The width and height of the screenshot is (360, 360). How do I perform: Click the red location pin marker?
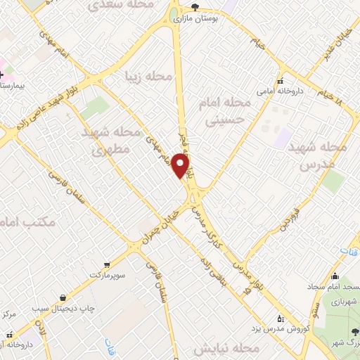point(181,167)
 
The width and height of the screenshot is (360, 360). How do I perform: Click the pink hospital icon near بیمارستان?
point(2,74)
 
